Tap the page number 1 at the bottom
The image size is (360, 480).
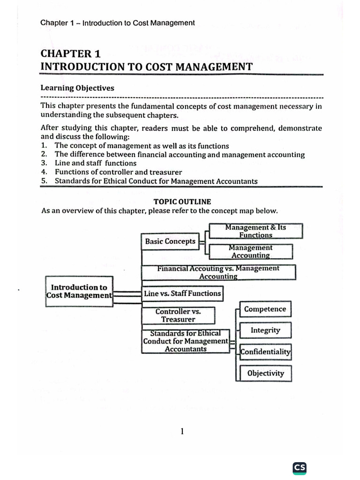click(x=182, y=432)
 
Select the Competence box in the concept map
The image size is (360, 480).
click(x=265, y=309)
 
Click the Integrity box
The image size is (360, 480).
click(x=265, y=330)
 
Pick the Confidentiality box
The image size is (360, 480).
click(x=265, y=352)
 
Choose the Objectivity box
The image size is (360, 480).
click(x=265, y=374)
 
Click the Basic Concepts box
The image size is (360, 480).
click(x=170, y=241)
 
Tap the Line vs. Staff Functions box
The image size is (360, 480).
click(x=182, y=293)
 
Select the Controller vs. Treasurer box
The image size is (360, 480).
click(x=178, y=315)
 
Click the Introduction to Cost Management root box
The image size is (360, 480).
click(x=79, y=291)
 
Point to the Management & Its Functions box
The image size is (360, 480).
click(x=255, y=231)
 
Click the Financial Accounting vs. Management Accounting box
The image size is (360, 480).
click(x=218, y=272)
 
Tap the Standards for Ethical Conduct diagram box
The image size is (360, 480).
click(x=186, y=341)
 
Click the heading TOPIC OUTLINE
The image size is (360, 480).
click(x=182, y=202)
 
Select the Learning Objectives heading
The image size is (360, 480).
click(x=77, y=88)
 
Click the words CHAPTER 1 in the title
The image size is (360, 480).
click(x=71, y=54)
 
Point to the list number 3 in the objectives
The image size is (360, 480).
click(x=44, y=163)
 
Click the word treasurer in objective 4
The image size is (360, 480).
click(x=166, y=172)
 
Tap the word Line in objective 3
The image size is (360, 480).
click(x=62, y=163)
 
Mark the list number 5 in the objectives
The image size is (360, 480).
click(x=44, y=181)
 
